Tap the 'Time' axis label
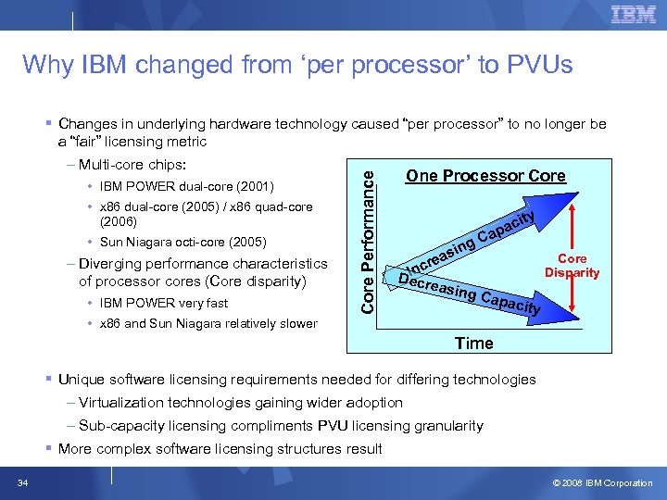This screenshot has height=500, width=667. pos(473,344)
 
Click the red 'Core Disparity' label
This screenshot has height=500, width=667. pos(572,266)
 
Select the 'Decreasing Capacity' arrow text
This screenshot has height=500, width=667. pos(468,292)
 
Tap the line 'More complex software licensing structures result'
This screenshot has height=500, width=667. pos(220,449)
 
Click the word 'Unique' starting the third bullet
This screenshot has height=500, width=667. pos(81,380)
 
